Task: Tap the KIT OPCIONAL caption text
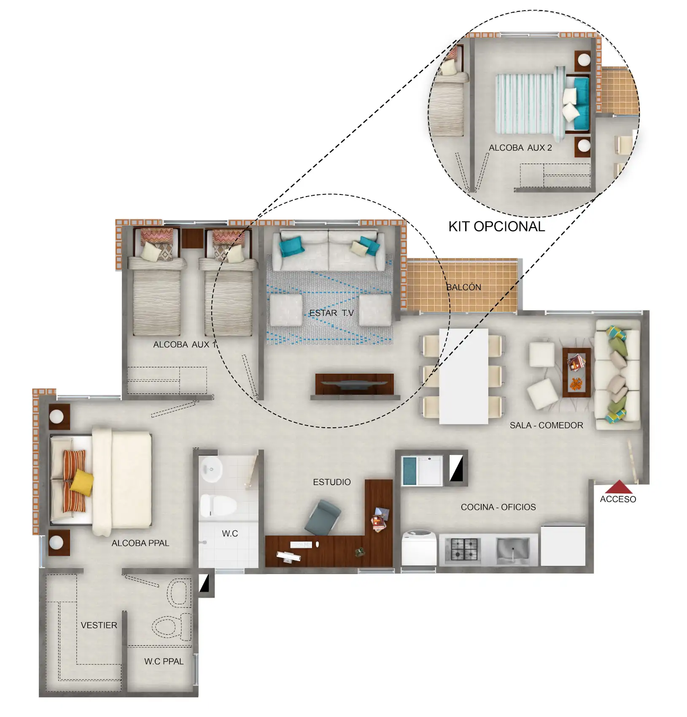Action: click(496, 226)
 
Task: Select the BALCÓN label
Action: click(464, 287)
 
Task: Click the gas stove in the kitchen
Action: click(464, 549)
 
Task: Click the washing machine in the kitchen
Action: click(419, 548)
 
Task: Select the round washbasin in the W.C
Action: click(210, 469)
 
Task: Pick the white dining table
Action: click(463, 376)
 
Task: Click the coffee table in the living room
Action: click(576, 372)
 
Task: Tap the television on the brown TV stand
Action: click(354, 384)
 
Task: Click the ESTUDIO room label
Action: click(331, 482)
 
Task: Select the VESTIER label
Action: click(99, 625)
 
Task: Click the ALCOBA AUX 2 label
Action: click(520, 148)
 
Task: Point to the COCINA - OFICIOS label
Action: click(498, 507)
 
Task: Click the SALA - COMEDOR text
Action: click(546, 425)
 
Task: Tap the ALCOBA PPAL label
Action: click(140, 543)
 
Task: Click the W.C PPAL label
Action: click(164, 661)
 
